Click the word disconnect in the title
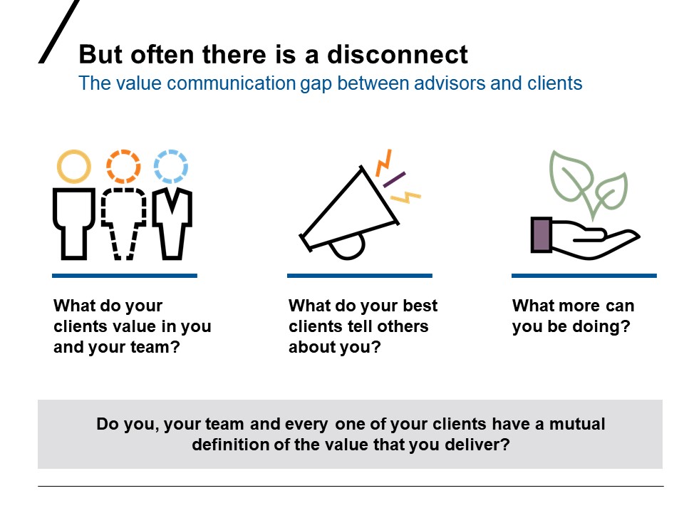tap(406, 55)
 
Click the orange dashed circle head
tap(123, 167)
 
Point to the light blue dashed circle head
tap(170, 167)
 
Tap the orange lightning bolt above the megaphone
tap(384, 162)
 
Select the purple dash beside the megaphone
tap(395, 179)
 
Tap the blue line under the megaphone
tap(359, 275)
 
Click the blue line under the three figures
tap(125, 275)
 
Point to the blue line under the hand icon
tap(584, 275)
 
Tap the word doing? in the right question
tap(608, 327)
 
